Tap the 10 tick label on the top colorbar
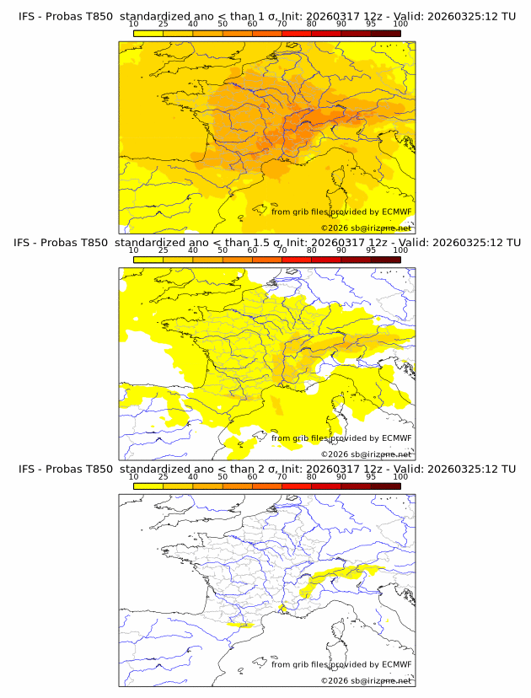tap(133, 24)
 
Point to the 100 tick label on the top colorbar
tap(400, 24)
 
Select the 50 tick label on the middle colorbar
tap(223, 250)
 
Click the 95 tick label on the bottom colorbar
tap(371, 476)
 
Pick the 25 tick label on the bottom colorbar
tap(163, 476)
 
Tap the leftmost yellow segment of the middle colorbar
tap(148, 260)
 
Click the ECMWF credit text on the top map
tap(341, 212)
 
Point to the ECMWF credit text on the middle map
tap(341, 438)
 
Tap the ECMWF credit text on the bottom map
tap(341, 664)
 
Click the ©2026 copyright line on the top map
tap(366, 228)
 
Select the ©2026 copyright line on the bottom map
tap(366, 680)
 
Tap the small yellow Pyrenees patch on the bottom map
tap(243, 626)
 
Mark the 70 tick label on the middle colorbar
tap(282, 250)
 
